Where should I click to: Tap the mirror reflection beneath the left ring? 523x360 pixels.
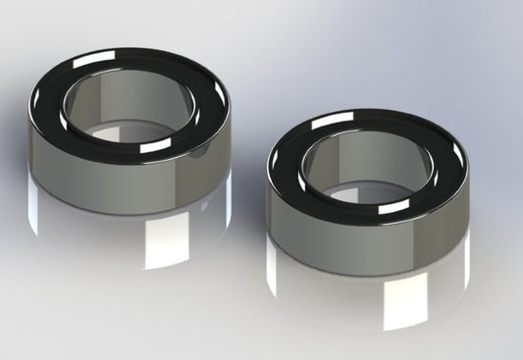(108, 235)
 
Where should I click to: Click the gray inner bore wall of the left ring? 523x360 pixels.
(118, 103)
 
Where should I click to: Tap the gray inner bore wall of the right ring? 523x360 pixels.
(358, 162)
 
